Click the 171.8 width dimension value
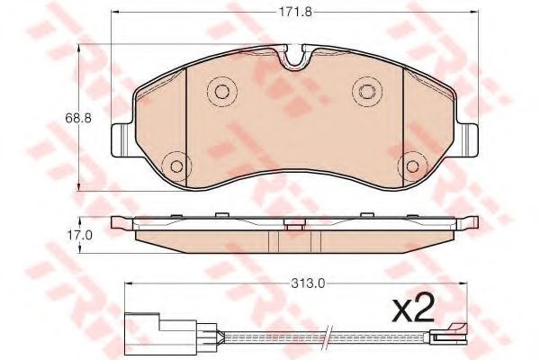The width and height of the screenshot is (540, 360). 294,13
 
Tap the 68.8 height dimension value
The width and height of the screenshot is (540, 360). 78,119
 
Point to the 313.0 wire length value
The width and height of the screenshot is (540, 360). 308,283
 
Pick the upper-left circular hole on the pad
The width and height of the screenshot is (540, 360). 221,91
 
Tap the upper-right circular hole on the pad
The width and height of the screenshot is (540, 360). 367,91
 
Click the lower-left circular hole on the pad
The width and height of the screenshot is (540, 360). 176,166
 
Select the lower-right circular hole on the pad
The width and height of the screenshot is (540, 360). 412,166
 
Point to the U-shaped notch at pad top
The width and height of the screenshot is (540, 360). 294,58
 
